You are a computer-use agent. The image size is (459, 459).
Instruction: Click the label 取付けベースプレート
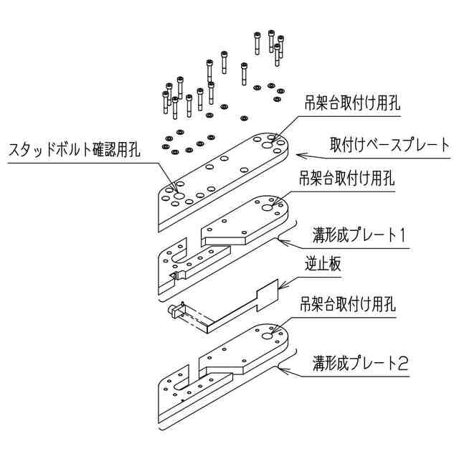tap(389, 143)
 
